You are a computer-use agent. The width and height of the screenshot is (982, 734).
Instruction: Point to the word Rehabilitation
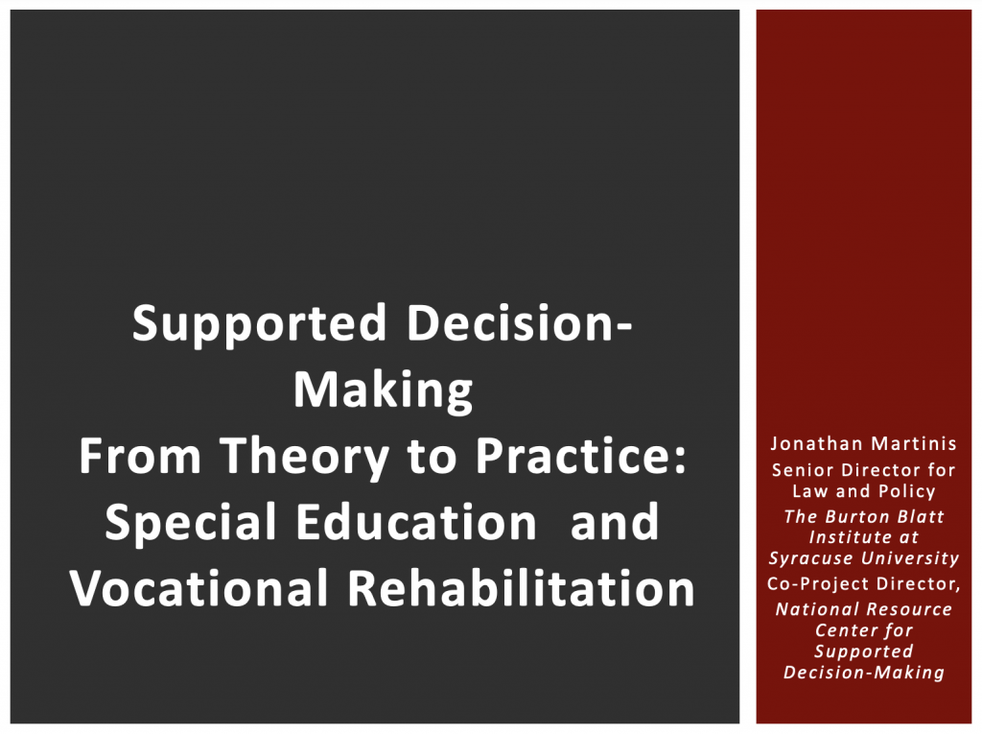pyautogui.click(x=521, y=588)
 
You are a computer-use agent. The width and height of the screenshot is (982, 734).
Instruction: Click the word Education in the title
pyautogui.click(x=416, y=522)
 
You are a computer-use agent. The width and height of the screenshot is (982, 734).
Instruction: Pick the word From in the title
pyautogui.click(x=139, y=456)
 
